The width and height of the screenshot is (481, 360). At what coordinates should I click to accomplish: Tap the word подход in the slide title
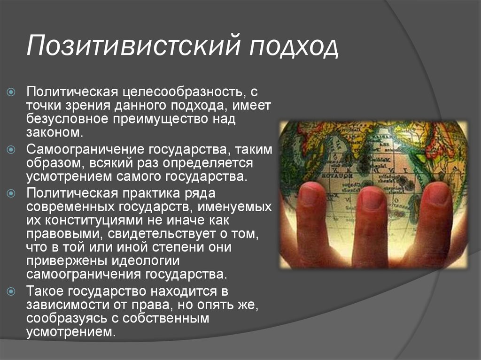(x=292, y=47)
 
